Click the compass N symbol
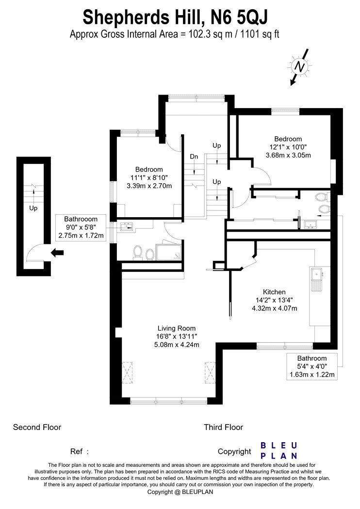coord(299,67)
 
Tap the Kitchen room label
coord(274,292)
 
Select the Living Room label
coord(177,328)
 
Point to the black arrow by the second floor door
coord(57,253)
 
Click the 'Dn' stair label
coord(194,157)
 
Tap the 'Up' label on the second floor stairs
coord(33,208)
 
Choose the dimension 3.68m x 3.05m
coord(288,155)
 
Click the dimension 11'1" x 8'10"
coord(149,177)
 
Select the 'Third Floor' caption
coord(224,427)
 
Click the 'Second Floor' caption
coord(37,427)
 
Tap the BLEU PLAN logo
coord(279,450)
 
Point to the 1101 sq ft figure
coord(260,34)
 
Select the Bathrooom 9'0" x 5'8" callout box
coord(81,227)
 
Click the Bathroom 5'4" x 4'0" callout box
coord(312,366)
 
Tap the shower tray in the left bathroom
coord(169,252)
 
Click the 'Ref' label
coord(79,451)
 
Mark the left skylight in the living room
coord(128,373)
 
